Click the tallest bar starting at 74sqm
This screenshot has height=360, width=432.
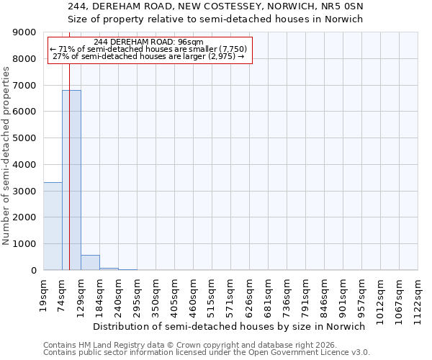(71, 180)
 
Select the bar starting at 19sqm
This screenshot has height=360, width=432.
(53, 226)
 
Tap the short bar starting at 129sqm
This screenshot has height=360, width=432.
(90, 263)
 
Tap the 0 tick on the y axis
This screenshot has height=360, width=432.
(34, 271)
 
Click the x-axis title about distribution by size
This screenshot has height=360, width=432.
(230, 326)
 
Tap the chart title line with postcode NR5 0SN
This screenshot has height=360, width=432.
(216, 6)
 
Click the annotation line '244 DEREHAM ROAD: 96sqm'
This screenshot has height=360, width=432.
(149, 42)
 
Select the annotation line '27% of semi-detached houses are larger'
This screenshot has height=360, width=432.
(149, 57)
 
